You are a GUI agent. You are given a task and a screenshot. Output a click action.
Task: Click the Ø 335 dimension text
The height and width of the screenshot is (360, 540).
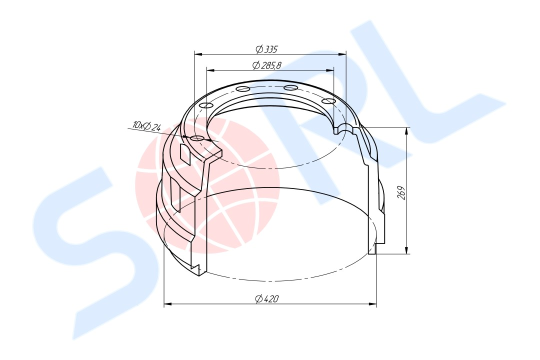pyautogui.click(x=266, y=49)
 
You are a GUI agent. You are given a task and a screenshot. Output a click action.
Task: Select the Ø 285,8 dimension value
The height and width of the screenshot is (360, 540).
pyautogui.click(x=267, y=65)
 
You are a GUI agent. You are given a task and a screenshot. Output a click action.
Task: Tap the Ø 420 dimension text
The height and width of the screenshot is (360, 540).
pyautogui.click(x=267, y=299)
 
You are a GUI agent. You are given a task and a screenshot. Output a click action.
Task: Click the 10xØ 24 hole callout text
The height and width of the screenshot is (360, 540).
pyautogui.click(x=146, y=125)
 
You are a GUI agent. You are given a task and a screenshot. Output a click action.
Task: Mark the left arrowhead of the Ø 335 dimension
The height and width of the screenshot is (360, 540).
pyautogui.click(x=198, y=53)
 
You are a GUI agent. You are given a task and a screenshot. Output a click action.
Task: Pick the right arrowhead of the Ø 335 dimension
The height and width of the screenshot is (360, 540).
pyautogui.click(x=342, y=53)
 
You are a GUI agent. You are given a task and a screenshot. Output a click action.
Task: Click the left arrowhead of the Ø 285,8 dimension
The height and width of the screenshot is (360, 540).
pyautogui.click(x=210, y=70)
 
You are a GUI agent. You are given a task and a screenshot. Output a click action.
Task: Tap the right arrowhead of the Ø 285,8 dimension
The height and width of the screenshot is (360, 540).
pyautogui.click(x=330, y=70)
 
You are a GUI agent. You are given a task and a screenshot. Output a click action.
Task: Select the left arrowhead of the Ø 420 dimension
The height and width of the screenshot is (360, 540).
pyautogui.click(x=168, y=304)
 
